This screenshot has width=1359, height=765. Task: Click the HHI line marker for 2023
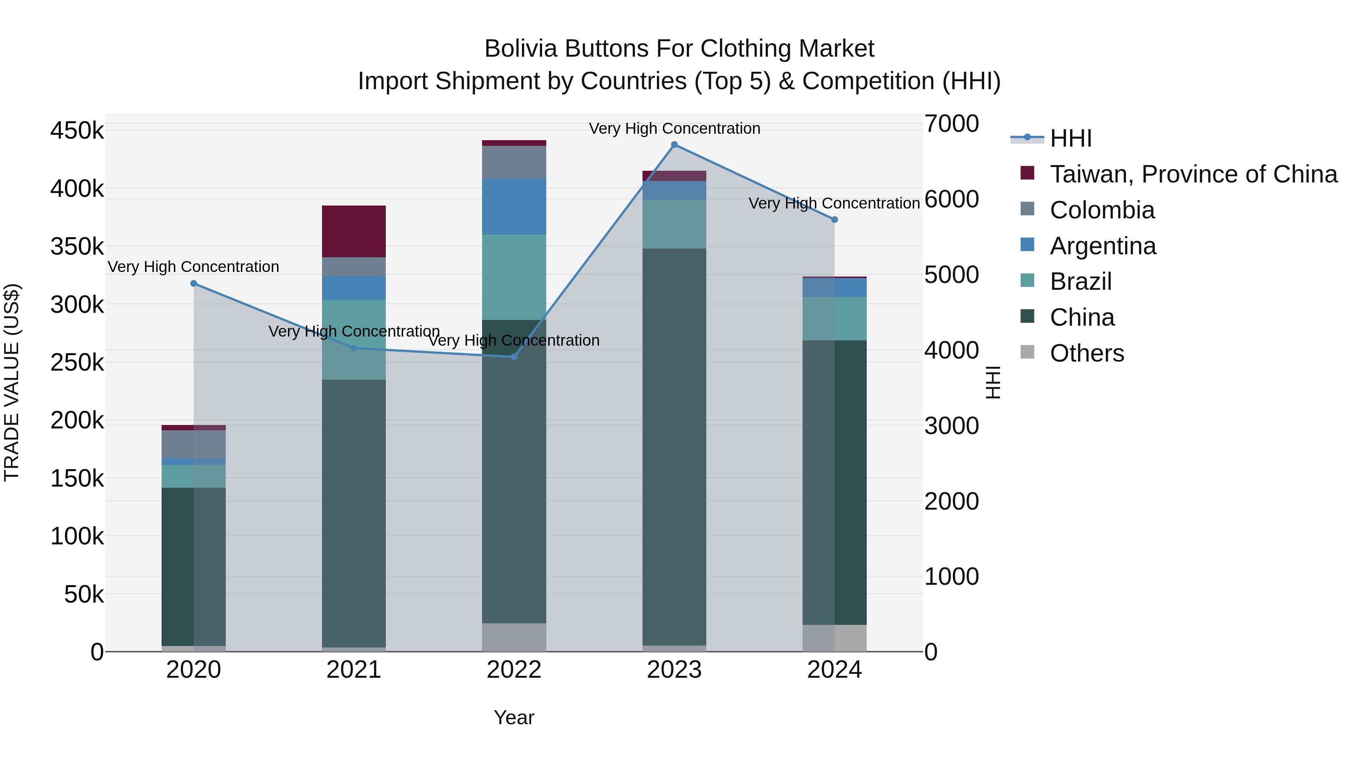pyautogui.click(x=674, y=145)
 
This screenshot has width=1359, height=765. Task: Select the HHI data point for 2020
pyautogui.click(x=194, y=283)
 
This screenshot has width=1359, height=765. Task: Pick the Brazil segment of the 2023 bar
pyautogui.click(x=674, y=224)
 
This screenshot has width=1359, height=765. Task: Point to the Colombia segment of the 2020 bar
pyautogui.click(x=194, y=444)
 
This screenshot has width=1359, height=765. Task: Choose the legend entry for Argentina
pyautogui.click(x=1103, y=246)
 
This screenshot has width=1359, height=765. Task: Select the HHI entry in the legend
pyautogui.click(x=1071, y=138)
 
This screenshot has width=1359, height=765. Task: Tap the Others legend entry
pyautogui.click(x=1087, y=353)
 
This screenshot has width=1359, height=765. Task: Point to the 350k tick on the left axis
pyautogui.click(x=77, y=247)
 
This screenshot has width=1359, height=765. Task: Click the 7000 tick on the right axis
pyautogui.click(x=952, y=124)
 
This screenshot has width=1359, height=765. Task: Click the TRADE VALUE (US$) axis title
pyautogui.click(x=12, y=382)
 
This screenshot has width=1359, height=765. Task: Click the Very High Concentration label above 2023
pyautogui.click(x=674, y=128)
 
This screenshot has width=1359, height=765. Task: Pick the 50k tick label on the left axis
pyautogui.click(x=84, y=595)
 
